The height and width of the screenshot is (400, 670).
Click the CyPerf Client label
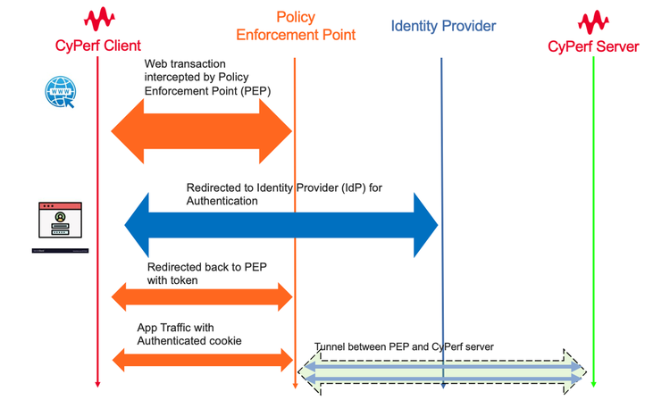pyautogui.click(x=97, y=46)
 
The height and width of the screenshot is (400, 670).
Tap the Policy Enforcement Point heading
pyautogui.click(x=296, y=27)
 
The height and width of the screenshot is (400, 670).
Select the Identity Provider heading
pyautogui.click(x=443, y=26)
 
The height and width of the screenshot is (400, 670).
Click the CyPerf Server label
pyautogui.click(x=593, y=46)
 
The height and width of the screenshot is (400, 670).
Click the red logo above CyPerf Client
pyautogui.click(x=97, y=19)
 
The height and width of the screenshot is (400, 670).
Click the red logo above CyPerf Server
pyautogui.click(x=593, y=20)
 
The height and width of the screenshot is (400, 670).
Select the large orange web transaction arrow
pyautogui.click(x=202, y=132)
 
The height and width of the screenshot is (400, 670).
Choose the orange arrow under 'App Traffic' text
pyautogui.click(x=202, y=359)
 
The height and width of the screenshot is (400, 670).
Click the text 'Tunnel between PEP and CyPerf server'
pyautogui.click(x=404, y=346)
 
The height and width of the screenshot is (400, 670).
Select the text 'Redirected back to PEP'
pyautogui.click(x=197, y=267)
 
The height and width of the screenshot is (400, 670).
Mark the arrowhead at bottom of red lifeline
pyautogui.click(x=97, y=383)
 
